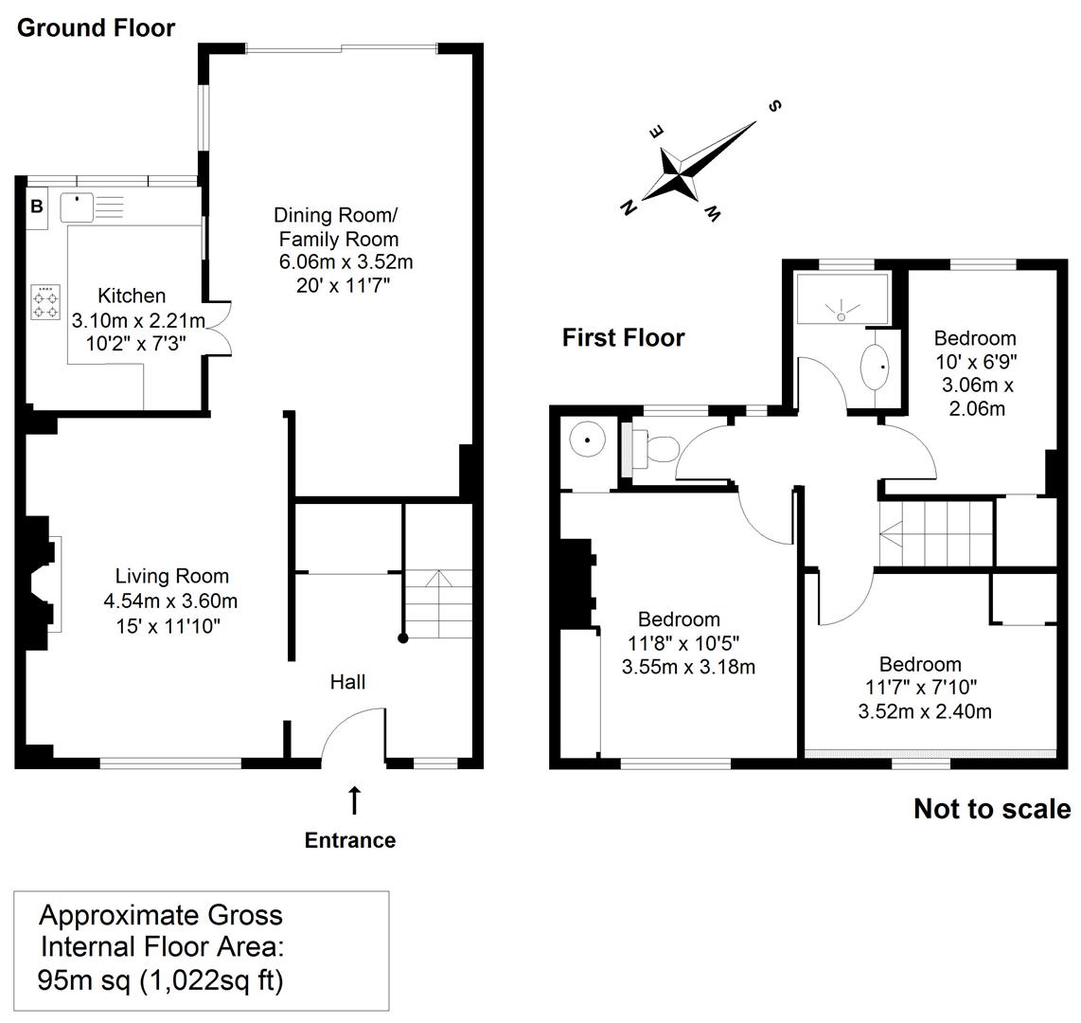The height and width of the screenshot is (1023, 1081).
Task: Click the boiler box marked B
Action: [37, 206]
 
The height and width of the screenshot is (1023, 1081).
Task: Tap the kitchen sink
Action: [77, 207]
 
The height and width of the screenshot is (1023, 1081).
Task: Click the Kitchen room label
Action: [132, 296]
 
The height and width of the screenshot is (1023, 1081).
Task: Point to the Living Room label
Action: [171, 576]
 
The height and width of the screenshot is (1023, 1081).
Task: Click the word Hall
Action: [347, 682]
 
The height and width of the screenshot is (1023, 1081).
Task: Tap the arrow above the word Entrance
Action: [354, 800]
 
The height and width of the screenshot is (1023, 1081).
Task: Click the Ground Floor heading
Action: [96, 28]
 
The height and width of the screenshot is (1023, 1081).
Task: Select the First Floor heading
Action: [623, 337]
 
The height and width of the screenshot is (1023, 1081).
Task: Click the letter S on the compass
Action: [775, 105]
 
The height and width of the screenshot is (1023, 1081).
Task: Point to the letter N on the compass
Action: [628, 206]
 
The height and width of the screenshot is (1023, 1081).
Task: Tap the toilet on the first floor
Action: [651, 448]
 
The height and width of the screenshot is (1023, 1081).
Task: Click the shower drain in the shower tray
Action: [842, 316]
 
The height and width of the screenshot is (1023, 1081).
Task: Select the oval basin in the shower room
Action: [875, 367]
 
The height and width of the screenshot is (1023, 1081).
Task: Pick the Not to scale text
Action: [992, 809]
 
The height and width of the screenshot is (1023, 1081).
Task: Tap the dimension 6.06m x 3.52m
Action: [346, 262]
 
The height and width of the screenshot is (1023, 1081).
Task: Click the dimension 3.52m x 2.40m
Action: [925, 711]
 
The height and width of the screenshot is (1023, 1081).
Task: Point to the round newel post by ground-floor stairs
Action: [403, 638]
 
